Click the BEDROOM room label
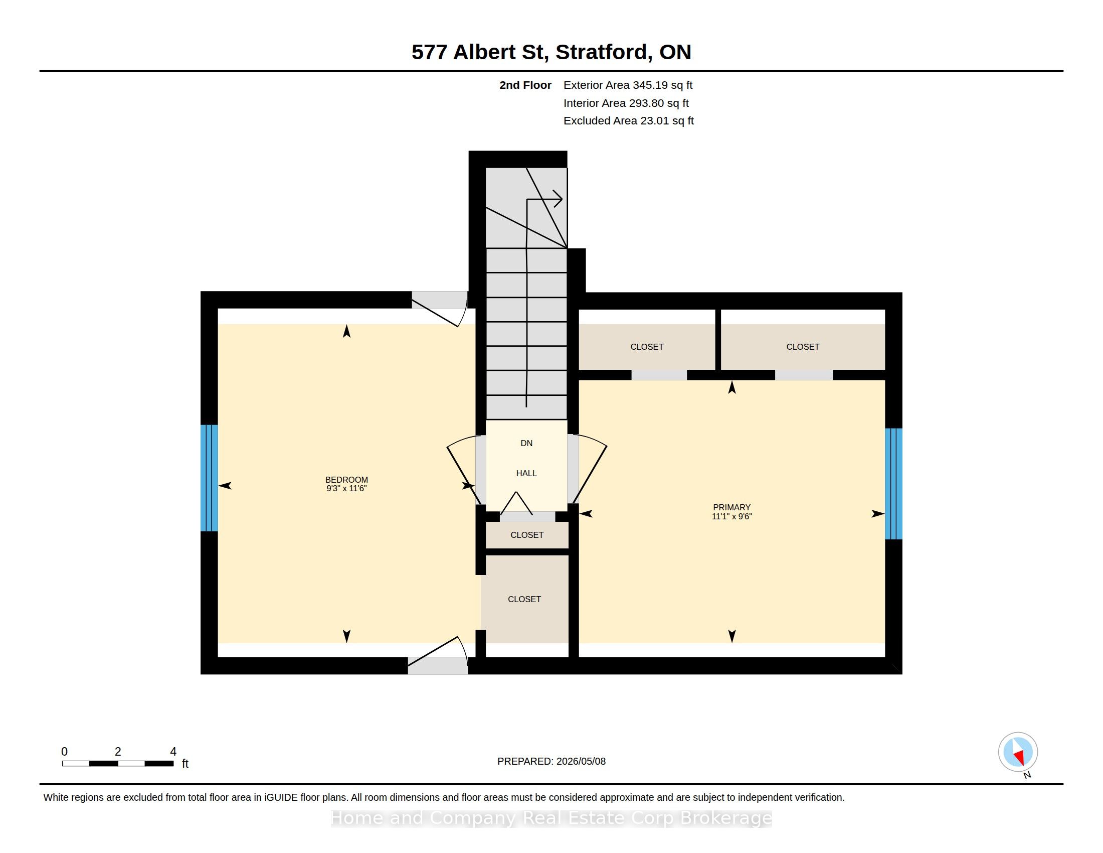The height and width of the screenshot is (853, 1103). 346,480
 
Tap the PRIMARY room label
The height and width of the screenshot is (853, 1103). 732,507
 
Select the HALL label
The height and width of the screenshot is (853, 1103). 526,474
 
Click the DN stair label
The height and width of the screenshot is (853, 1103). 526,443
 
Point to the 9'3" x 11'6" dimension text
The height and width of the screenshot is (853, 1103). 346,489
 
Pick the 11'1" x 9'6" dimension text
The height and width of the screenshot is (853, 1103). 732,516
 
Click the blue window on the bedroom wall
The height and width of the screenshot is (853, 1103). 209,478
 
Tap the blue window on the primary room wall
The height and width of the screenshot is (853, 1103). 893,484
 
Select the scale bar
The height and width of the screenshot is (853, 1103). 118,764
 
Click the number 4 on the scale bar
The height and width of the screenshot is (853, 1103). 173,752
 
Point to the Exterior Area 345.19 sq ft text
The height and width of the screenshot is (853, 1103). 628,85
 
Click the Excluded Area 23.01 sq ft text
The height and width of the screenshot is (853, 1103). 628,121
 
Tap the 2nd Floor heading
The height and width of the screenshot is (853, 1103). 525,85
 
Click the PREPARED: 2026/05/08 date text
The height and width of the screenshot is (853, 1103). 551,761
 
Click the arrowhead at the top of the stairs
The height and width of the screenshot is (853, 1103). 558,199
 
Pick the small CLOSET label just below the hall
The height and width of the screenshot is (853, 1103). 527,535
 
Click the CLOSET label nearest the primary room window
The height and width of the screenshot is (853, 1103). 803,347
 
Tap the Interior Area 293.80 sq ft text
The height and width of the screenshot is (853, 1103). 626,103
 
